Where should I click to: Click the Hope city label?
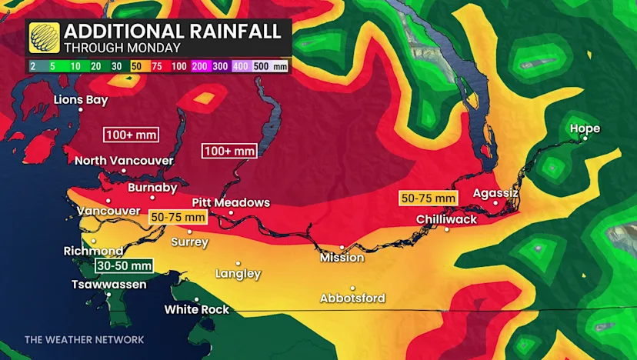[x=585, y=128]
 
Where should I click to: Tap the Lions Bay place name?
[x=81, y=99]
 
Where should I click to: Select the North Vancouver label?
[x=124, y=161]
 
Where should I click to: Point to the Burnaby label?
[x=152, y=188]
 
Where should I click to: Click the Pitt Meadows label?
[x=231, y=202]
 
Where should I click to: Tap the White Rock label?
[x=197, y=309]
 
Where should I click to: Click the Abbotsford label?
[x=353, y=298]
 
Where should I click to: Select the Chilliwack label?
[x=447, y=219]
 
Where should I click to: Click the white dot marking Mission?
[x=342, y=248]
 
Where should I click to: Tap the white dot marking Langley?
[x=238, y=264]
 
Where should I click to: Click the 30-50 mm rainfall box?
[x=123, y=265]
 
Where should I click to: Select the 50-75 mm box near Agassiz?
[x=429, y=198]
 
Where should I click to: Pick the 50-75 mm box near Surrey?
[x=178, y=218]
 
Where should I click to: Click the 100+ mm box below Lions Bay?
[x=130, y=135]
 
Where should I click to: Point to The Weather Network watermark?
[x=84, y=339]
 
